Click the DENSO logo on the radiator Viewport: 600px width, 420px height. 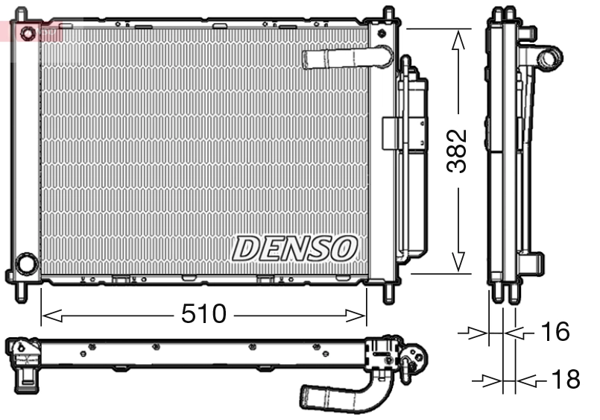[295, 248]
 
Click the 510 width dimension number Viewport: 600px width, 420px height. [203, 315]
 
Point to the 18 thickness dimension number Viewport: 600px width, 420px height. [563, 380]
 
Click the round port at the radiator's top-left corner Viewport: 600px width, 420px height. [28, 34]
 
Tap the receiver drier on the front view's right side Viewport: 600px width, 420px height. [414, 160]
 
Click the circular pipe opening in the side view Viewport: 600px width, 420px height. [551, 57]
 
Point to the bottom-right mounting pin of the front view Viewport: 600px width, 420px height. [388, 292]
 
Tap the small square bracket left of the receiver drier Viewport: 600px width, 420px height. [391, 133]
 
